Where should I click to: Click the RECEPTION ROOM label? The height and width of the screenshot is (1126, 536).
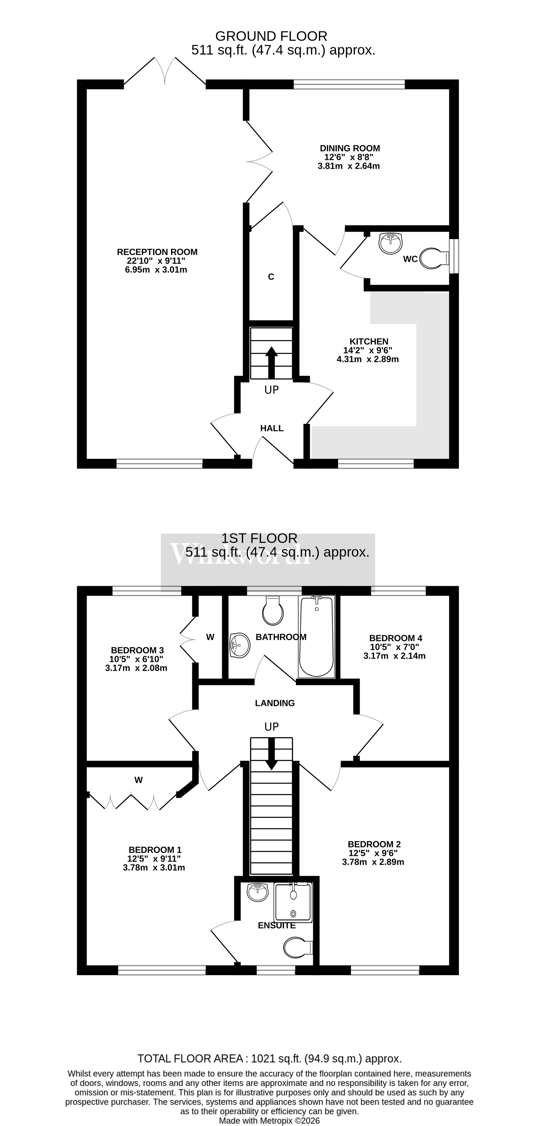(157, 252)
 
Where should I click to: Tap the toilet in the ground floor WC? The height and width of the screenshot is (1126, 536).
(432, 258)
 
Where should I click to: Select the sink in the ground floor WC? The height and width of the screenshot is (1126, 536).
(390, 243)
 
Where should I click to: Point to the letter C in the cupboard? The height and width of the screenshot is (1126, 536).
(271, 277)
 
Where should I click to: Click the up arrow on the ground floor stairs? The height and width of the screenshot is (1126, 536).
(271, 361)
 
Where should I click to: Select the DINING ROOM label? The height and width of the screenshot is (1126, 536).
(350, 148)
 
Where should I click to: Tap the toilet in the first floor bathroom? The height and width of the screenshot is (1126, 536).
(273, 611)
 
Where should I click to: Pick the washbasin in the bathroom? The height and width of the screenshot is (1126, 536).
(239, 645)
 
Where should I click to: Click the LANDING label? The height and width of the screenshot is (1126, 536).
(274, 703)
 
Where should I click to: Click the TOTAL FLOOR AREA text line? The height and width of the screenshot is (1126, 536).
(269, 1058)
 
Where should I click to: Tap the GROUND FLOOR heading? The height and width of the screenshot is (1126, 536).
(271, 36)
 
